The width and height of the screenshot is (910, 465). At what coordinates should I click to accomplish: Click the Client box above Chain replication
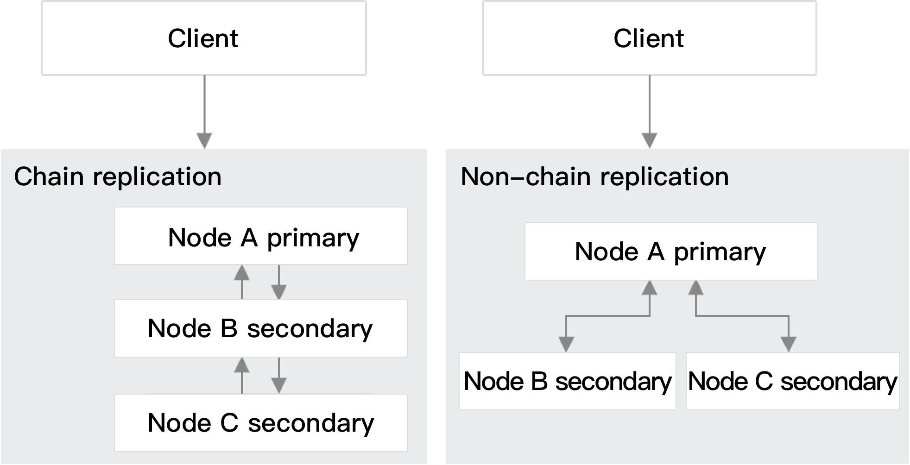click(203, 38)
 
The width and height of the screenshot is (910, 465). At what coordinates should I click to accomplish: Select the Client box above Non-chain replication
click(649, 38)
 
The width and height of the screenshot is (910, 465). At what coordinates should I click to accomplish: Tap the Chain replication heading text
click(118, 177)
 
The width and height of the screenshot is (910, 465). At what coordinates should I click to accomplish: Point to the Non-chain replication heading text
click(594, 177)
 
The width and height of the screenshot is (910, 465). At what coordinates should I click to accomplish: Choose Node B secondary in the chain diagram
click(261, 328)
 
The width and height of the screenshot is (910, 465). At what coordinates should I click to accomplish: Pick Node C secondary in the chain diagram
click(261, 423)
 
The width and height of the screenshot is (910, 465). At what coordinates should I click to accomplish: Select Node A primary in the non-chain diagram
click(670, 251)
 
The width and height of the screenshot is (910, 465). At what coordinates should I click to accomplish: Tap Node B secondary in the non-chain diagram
click(567, 381)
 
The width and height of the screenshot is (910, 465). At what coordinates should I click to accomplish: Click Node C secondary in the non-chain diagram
click(792, 381)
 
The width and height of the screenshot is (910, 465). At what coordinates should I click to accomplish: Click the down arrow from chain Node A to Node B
click(278, 283)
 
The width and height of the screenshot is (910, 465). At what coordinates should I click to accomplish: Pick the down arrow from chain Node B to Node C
click(278, 375)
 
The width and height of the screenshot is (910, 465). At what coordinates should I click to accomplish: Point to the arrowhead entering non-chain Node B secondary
click(566, 344)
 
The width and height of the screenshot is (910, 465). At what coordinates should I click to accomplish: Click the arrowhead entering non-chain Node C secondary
click(789, 344)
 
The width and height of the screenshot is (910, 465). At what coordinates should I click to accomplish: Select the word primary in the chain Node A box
click(313, 238)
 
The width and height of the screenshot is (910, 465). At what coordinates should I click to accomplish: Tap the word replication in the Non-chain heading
click(664, 177)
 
